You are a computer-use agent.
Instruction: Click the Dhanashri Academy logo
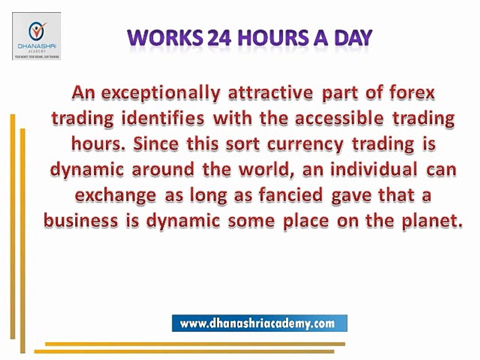(36, 36)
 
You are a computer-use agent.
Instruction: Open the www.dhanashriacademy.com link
(259, 323)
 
